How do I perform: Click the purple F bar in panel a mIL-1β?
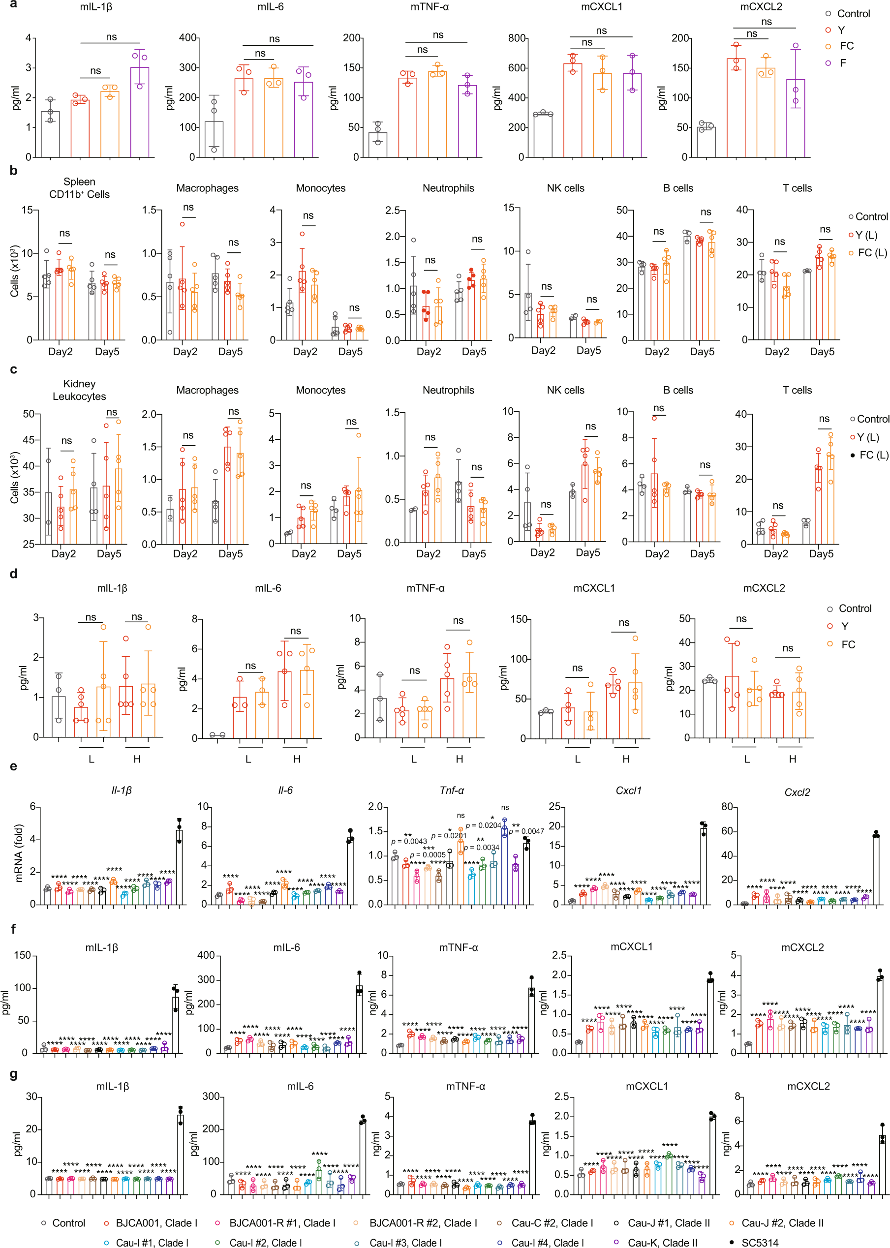coord(139,112)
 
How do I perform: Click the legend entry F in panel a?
coord(842,63)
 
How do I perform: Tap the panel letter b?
coord(13,170)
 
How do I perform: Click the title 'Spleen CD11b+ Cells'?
coord(80,188)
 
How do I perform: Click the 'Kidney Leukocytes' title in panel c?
coord(80,390)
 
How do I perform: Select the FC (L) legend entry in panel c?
coord(872,455)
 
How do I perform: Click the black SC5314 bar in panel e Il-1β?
coord(179,866)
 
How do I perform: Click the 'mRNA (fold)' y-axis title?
coord(19,852)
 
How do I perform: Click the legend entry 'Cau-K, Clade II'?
coord(662,1243)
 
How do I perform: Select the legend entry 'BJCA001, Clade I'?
coord(156,1223)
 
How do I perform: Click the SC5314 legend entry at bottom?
coord(759,1243)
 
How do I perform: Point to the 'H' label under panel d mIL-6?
coord(297,759)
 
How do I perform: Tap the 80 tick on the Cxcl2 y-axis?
coord(726,806)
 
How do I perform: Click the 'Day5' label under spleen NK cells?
coord(588,351)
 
